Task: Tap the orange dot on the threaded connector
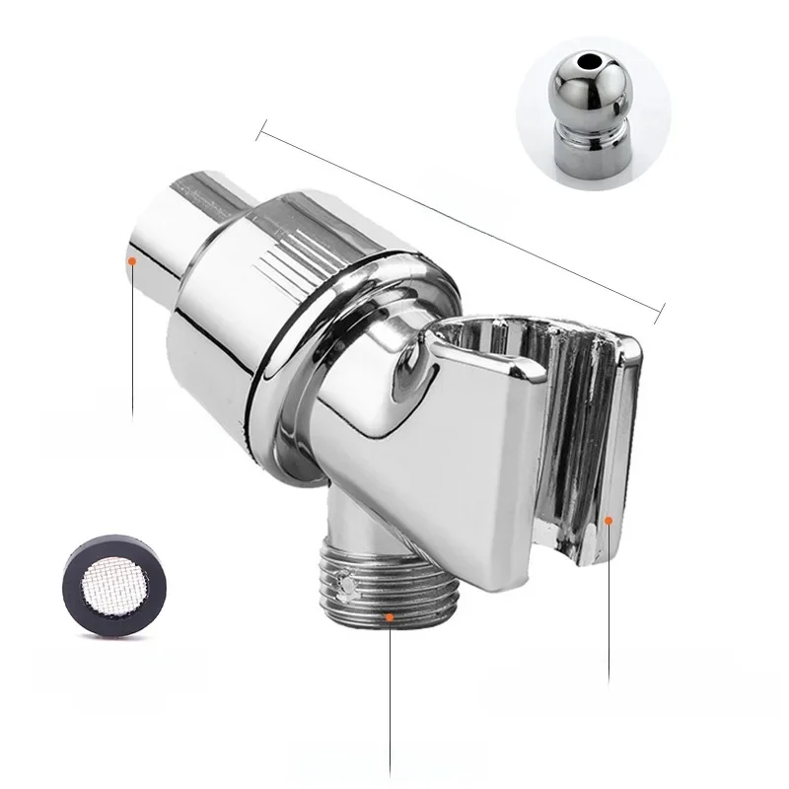click(x=392, y=617)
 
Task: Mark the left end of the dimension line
click(x=258, y=125)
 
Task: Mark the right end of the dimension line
click(x=660, y=317)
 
